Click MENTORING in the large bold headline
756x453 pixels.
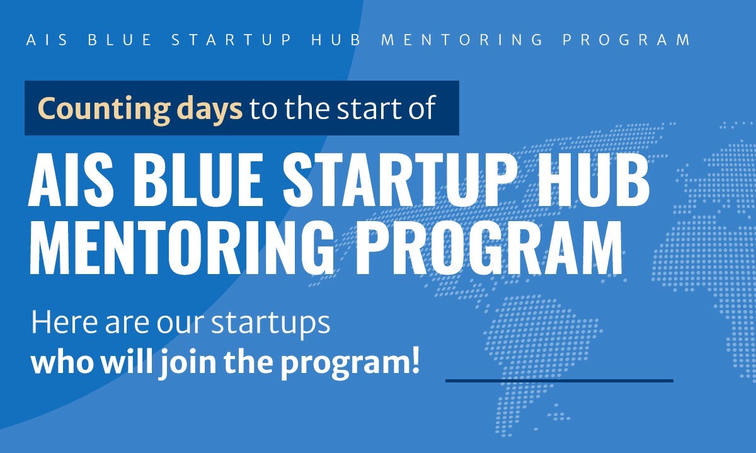pos(181,247)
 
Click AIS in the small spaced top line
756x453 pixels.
pos(47,40)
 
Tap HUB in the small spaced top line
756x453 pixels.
pos(336,40)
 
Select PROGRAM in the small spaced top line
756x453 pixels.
pos(626,40)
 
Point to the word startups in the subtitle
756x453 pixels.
pos(271,324)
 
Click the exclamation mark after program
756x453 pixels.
pos(415,361)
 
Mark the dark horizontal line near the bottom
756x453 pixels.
pos(559,381)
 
